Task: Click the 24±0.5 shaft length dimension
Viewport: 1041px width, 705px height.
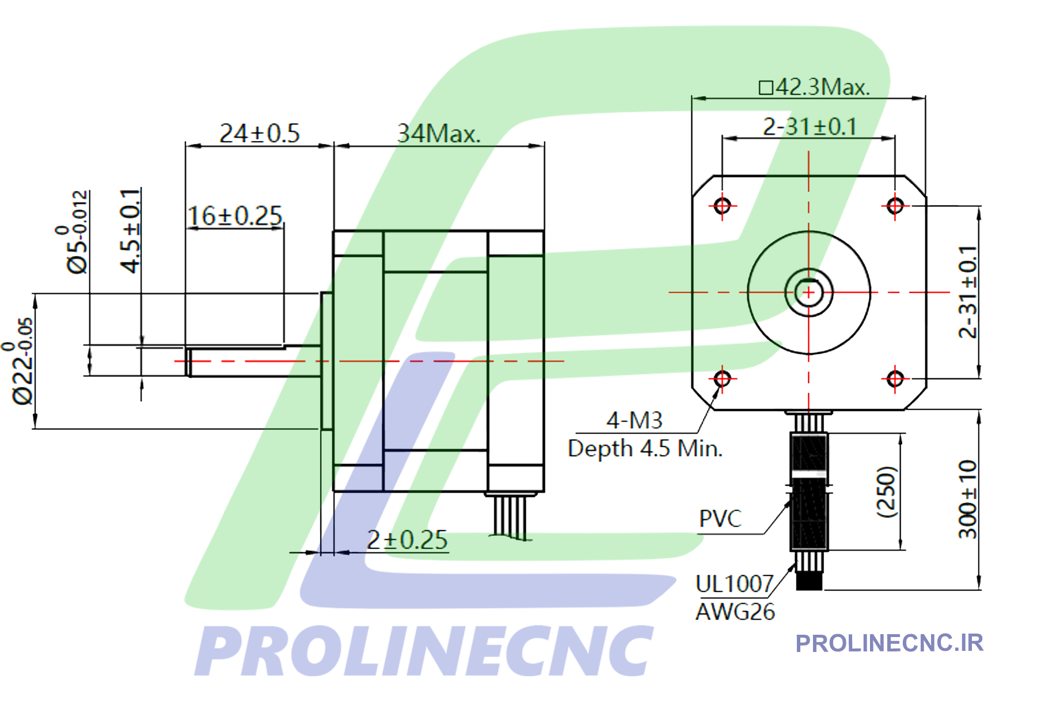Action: click(259, 134)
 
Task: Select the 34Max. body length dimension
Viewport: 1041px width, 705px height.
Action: click(438, 134)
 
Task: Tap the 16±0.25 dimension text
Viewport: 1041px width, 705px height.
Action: click(235, 216)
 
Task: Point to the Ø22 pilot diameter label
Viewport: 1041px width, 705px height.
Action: click(22, 362)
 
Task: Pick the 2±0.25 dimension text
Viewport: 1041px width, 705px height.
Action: click(407, 540)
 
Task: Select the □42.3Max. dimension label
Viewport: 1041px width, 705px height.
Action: click(814, 87)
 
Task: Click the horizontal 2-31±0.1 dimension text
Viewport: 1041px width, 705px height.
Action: click(810, 127)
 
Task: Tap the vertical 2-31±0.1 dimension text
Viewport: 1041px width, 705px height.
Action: click(968, 291)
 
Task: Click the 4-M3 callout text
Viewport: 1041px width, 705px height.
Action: click(635, 420)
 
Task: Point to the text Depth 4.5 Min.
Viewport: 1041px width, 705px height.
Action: click(645, 448)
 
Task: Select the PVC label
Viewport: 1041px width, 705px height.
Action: click(720, 519)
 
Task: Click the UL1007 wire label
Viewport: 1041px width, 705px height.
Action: click(734, 584)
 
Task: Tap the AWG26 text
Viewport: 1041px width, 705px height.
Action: click(735, 612)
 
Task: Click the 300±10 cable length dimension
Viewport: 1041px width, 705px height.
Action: click(968, 499)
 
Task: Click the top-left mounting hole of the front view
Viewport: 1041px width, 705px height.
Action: click(722, 206)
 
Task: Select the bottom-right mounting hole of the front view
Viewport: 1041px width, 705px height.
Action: click(895, 378)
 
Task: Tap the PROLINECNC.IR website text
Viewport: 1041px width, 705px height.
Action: click(889, 643)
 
